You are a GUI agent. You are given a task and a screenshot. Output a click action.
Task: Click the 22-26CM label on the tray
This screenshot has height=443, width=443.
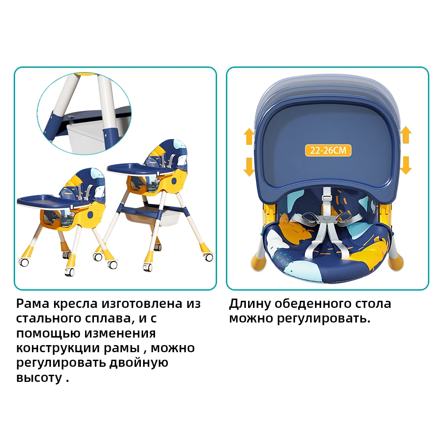tap(328, 150)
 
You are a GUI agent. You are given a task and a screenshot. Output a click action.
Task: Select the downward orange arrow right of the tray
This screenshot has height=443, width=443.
tap(406, 165)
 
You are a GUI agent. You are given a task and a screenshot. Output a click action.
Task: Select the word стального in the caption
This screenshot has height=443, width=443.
tap(46, 319)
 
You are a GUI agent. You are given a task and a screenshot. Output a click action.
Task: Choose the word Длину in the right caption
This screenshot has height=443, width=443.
tap(249, 304)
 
